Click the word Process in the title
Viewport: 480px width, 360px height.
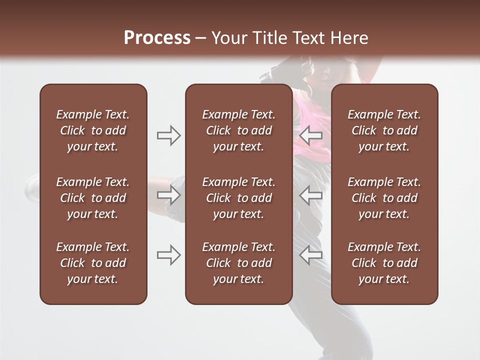click(x=157, y=38)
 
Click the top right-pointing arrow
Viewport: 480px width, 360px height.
click(x=168, y=135)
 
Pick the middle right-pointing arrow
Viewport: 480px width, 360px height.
click(x=168, y=195)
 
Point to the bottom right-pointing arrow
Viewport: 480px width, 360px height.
click(x=168, y=255)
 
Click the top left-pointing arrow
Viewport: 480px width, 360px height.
click(x=310, y=135)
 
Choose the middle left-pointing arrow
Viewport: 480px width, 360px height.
click(x=310, y=195)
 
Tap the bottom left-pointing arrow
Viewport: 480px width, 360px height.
click(x=310, y=255)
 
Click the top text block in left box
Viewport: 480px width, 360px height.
click(x=93, y=130)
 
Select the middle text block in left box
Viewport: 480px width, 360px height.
click(x=93, y=198)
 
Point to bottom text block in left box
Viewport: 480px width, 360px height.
click(x=93, y=263)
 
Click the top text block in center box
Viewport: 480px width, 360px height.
click(x=238, y=130)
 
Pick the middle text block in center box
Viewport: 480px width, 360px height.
click(x=238, y=198)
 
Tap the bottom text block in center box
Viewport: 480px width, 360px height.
click(x=238, y=263)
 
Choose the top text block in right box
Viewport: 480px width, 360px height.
click(x=384, y=130)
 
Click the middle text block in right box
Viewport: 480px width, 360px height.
click(x=384, y=198)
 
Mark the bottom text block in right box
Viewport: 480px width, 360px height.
click(x=384, y=263)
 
